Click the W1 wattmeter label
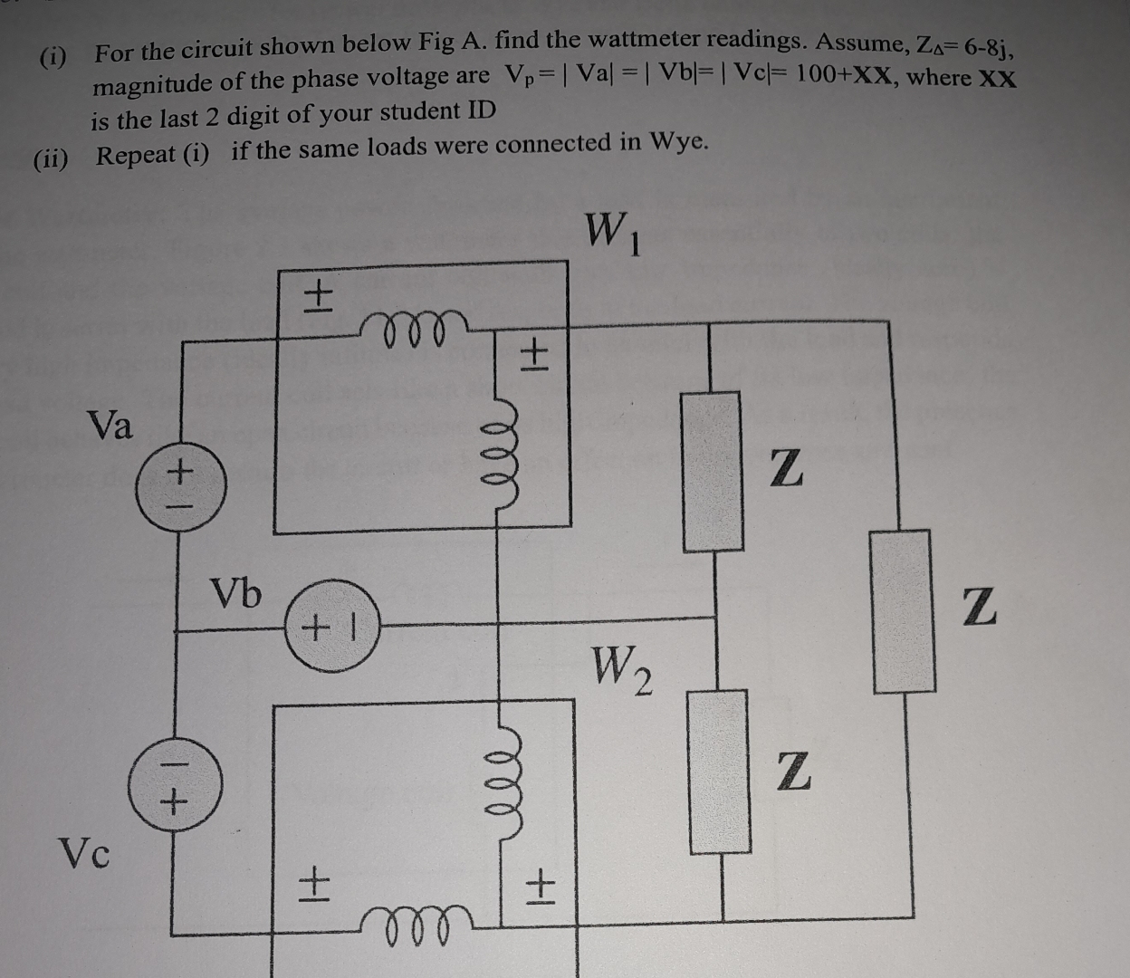614,234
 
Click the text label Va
110,425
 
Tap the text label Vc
84,852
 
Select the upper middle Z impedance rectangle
713,472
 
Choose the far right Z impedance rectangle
903,611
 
